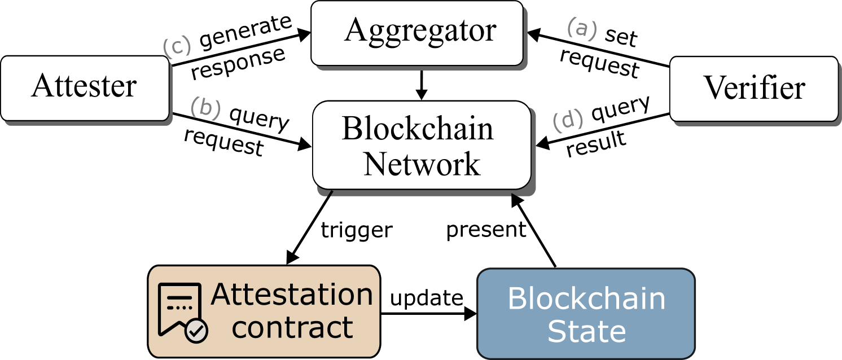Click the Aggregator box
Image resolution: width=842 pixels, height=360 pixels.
(418, 33)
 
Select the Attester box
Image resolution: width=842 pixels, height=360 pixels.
(85, 88)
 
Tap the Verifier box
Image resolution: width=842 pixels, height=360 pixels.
(753, 89)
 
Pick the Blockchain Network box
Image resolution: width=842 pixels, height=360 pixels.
(422, 146)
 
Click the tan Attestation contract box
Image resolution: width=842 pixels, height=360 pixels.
(264, 311)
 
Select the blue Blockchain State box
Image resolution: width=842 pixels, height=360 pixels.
(585, 314)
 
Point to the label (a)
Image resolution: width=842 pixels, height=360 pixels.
(582, 28)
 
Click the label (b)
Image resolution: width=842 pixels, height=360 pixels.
(205, 107)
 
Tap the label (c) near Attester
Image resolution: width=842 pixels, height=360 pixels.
(177, 47)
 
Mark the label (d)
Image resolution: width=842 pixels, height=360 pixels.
(567, 121)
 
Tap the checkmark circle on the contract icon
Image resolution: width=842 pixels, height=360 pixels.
(196, 332)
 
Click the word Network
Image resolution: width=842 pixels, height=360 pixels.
(422, 164)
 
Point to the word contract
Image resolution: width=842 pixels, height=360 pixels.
(292, 328)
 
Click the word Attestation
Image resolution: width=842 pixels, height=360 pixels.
(292, 295)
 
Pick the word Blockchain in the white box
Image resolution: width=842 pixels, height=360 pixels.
(418, 129)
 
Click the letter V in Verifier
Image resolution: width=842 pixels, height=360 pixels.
(714, 89)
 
